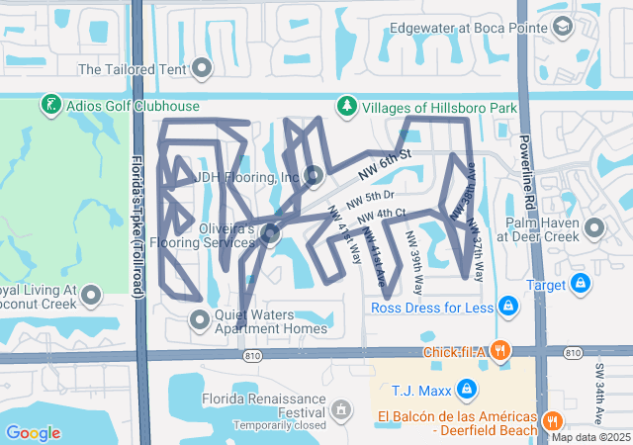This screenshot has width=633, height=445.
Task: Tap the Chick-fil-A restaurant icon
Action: point(501,350)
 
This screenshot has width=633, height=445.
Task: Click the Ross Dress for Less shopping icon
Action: point(508,307)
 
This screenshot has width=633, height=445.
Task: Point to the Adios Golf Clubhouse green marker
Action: point(49,105)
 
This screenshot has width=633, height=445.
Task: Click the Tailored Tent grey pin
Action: point(203,68)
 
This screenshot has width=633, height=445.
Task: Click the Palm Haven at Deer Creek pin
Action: point(594,228)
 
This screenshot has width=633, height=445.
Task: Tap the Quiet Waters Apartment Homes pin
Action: point(200,317)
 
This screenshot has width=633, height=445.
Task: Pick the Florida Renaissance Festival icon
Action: point(341,408)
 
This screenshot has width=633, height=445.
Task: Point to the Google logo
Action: point(33,433)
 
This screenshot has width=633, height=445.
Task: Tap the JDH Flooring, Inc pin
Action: point(315,177)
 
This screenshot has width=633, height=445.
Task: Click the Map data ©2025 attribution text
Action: point(590,437)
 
